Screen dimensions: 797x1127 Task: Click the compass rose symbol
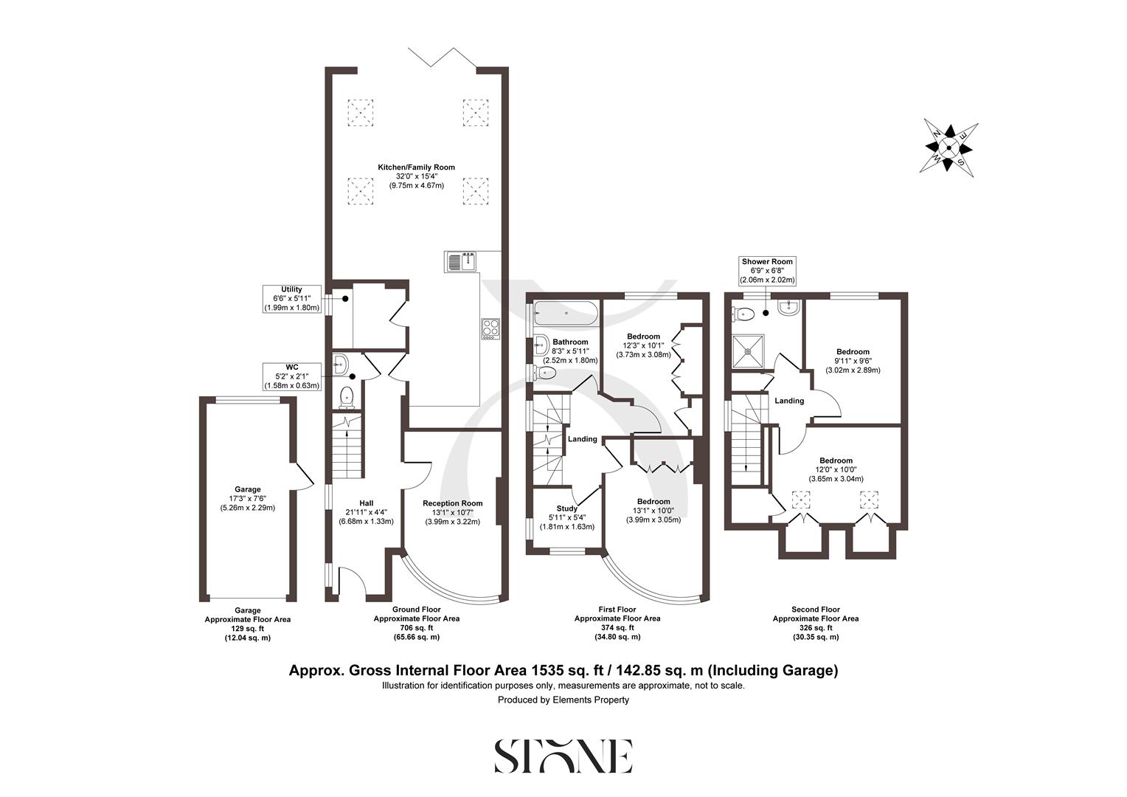pos(951,148)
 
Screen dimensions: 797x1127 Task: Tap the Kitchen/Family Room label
pos(417,168)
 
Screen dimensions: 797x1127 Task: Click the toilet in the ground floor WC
pos(347,398)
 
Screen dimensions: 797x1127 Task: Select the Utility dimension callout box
pos(291,299)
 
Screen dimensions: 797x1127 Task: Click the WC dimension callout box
pos(291,376)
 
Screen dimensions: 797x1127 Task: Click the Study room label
pos(566,508)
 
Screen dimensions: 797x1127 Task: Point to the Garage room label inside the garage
pos(248,489)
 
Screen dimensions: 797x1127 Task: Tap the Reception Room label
pos(452,503)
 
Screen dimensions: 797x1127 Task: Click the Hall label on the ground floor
pos(366,503)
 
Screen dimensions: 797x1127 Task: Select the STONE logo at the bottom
pos(563,756)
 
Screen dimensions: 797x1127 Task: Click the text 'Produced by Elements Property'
pos(563,700)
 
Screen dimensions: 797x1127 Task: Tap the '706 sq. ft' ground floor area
pos(416,628)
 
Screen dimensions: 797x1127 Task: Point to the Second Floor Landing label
pos(789,401)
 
